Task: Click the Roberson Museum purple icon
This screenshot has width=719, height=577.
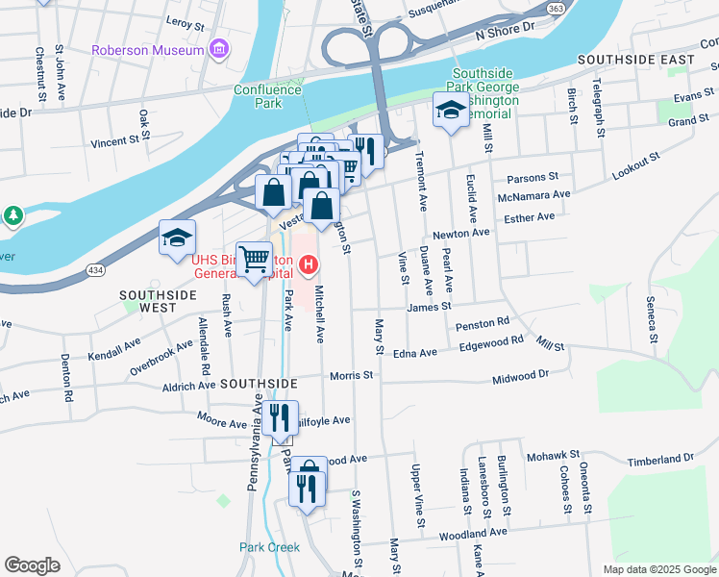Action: coord(220,49)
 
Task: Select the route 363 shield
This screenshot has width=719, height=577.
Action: coord(583,9)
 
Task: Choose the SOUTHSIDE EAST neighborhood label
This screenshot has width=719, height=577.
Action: coord(635,60)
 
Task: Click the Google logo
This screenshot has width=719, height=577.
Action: coord(33,564)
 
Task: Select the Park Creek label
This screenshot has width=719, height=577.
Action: coord(269,547)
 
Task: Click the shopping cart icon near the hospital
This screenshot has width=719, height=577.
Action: coord(254,259)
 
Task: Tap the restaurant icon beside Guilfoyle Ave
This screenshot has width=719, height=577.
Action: coord(280,418)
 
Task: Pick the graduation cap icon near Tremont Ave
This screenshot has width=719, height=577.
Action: coord(449,111)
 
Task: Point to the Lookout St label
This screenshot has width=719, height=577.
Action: coord(636,166)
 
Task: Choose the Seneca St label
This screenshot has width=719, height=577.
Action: coord(653,318)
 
